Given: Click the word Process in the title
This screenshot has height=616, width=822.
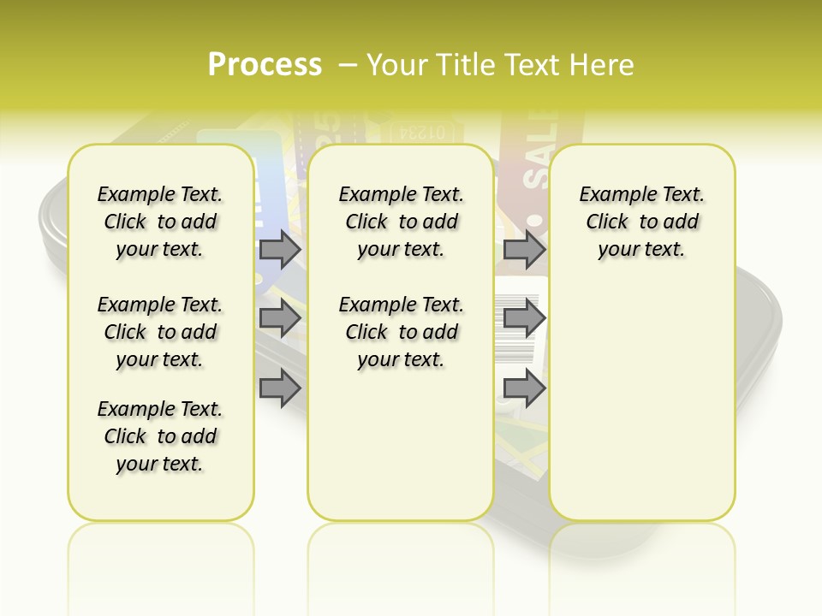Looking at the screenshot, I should point(265,65).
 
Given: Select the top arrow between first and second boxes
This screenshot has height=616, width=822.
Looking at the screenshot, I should point(280,250).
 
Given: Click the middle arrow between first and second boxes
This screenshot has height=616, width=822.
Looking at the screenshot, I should point(280,319).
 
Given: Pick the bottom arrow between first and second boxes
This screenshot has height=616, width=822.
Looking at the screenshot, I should point(280,388).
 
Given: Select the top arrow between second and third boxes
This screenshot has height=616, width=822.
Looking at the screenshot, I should point(524,250).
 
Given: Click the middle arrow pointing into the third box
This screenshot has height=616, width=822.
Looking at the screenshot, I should point(524,319).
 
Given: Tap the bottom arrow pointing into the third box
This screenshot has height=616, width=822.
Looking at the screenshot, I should point(524,388).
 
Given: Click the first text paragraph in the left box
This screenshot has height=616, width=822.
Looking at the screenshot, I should point(160,222).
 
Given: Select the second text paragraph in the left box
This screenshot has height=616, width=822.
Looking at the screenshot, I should point(160,332).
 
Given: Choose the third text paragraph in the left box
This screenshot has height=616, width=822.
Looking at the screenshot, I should point(160,436).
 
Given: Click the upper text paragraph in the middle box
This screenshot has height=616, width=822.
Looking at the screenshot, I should point(401,222).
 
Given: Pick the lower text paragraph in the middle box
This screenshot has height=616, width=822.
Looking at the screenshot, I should point(401,332).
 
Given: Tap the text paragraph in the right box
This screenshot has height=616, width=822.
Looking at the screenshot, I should point(641,222).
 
